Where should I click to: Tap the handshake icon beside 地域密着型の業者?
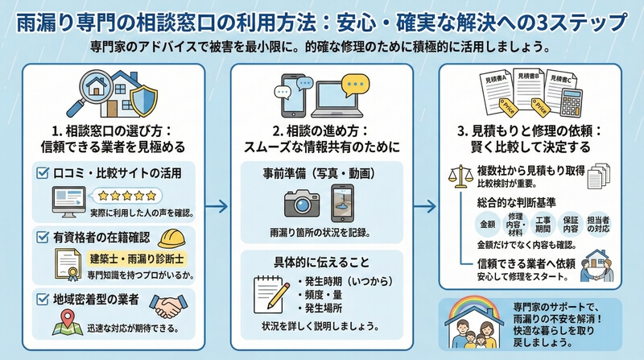(x=171, y=306)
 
